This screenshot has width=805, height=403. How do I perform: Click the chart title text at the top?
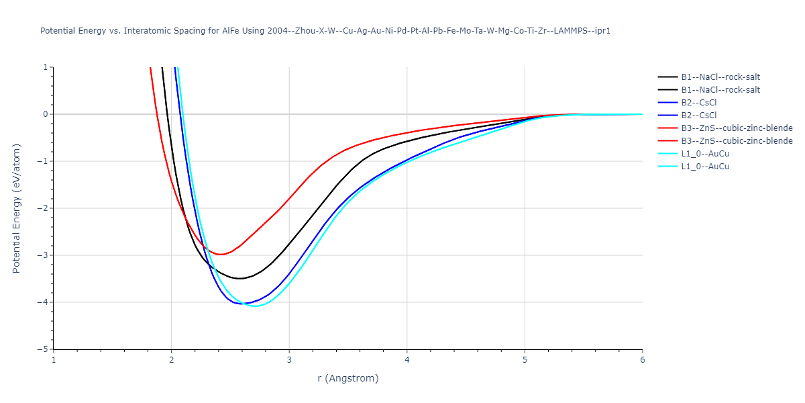[325, 31]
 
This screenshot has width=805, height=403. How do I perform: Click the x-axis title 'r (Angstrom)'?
[347, 378]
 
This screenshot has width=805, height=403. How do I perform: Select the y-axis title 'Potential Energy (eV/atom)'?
[17, 208]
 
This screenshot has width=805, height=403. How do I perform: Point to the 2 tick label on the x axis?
[171, 360]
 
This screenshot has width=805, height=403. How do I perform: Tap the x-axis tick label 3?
[289, 360]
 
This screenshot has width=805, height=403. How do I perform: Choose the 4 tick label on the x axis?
[407, 360]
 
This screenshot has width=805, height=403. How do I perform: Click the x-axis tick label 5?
[525, 360]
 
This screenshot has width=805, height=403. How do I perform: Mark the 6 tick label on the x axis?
[642, 360]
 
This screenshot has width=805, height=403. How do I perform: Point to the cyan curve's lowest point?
[256, 306]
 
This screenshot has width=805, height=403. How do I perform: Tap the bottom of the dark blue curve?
[242, 304]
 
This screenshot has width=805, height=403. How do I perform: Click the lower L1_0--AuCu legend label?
[705, 167]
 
